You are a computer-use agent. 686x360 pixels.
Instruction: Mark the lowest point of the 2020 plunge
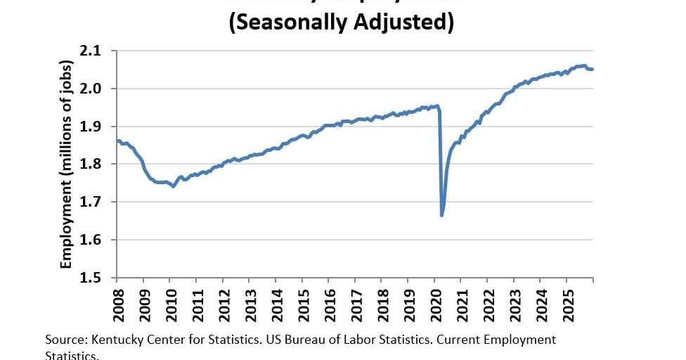point(441,215)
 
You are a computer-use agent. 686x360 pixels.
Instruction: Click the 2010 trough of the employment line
point(174,186)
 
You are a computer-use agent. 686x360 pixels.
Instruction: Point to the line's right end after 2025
point(592,69)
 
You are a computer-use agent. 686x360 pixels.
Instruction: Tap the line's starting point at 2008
point(118,141)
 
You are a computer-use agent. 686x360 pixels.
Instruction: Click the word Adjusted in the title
point(408,22)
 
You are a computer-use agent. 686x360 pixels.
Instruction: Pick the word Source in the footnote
point(64,340)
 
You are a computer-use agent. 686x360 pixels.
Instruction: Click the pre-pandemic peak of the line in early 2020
point(437,106)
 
